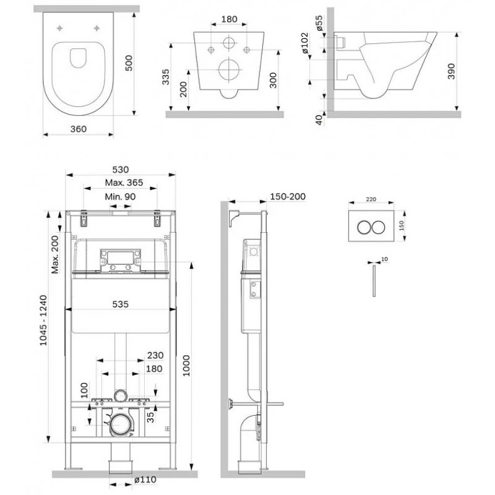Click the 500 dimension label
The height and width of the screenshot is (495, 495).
click(129, 63)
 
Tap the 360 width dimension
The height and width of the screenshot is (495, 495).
click(79, 129)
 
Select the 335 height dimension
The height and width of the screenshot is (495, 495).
click(165, 77)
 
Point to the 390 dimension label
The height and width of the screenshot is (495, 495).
click(452, 71)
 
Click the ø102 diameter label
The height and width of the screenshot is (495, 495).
click(305, 43)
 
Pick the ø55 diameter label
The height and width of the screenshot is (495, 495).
click(319, 23)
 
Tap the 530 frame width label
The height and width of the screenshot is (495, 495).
click(121, 170)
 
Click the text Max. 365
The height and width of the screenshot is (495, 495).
click(124, 183)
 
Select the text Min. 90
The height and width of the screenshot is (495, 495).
click(120, 196)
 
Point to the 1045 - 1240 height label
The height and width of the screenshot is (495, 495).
click(43, 320)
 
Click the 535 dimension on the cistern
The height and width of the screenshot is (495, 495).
click(121, 304)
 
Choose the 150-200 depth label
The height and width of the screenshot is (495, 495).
click(288, 196)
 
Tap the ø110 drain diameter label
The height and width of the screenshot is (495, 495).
click(145, 480)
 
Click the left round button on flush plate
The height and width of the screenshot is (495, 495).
click(364, 227)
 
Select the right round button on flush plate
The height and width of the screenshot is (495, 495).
click(378, 227)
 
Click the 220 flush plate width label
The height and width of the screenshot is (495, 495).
click(371, 199)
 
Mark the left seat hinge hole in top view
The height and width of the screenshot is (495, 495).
click(60, 28)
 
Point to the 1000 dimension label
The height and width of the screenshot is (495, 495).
click(186, 366)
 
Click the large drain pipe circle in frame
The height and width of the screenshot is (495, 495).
click(119, 424)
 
